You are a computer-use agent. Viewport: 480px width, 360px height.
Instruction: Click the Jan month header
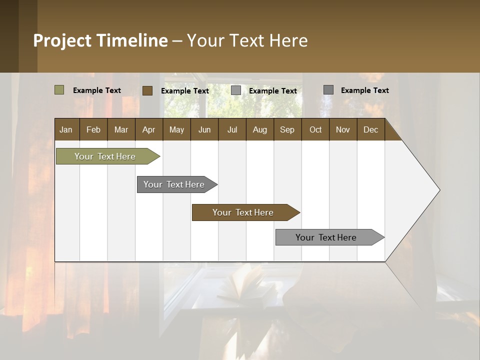[66, 130]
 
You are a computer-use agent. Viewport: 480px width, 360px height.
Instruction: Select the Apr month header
[149, 130]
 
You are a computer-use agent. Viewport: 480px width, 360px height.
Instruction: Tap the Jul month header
[232, 130]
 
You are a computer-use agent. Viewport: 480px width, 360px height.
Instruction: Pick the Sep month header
[287, 130]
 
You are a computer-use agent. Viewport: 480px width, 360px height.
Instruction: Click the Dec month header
[370, 130]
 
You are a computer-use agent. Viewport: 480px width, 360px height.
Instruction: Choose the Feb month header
[93, 130]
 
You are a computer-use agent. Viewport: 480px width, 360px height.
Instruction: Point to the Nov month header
[343, 130]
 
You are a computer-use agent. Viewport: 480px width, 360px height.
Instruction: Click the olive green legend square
[59, 90]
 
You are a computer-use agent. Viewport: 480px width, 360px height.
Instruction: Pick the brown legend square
[147, 90]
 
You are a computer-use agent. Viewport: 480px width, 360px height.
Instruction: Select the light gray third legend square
[236, 90]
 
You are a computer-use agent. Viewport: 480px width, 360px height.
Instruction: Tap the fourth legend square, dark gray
[328, 90]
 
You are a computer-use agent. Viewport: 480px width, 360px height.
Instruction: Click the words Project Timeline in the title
[100, 40]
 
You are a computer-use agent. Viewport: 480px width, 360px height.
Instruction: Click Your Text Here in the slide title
[247, 40]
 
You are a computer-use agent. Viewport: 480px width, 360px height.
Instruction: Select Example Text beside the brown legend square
[184, 91]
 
